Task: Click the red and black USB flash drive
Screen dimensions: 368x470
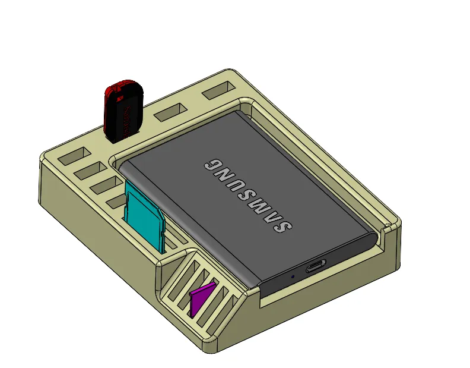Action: click(123, 111)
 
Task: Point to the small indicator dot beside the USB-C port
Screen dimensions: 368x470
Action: click(292, 276)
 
